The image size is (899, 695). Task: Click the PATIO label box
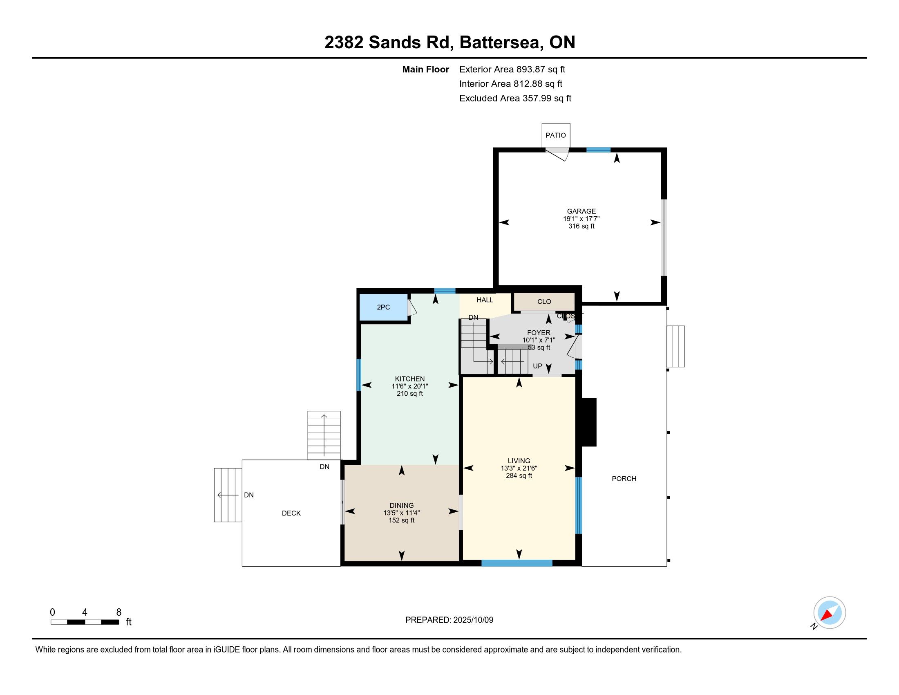click(x=556, y=135)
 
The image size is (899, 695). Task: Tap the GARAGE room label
click(x=581, y=211)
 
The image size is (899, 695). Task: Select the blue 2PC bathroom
click(x=384, y=307)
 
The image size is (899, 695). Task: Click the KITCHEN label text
click(x=409, y=379)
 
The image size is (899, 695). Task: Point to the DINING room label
click(x=402, y=506)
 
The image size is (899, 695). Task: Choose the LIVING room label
click(x=519, y=461)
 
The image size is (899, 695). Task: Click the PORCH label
click(x=624, y=479)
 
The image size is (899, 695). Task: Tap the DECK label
click(x=291, y=513)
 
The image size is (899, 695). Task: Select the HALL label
click(x=485, y=300)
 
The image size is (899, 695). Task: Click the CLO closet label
click(x=544, y=302)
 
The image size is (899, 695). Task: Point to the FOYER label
click(x=539, y=333)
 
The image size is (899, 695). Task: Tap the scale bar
click(x=85, y=622)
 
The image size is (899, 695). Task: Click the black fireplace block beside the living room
click(x=588, y=422)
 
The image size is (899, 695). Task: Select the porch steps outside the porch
click(x=676, y=346)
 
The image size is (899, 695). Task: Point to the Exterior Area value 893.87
click(x=530, y=69)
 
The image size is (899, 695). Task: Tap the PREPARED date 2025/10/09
click(x=473, y=620)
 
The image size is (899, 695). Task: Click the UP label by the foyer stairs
click(x=538, y=366)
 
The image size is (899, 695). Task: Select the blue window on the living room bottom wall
click(x=517, y=563)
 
